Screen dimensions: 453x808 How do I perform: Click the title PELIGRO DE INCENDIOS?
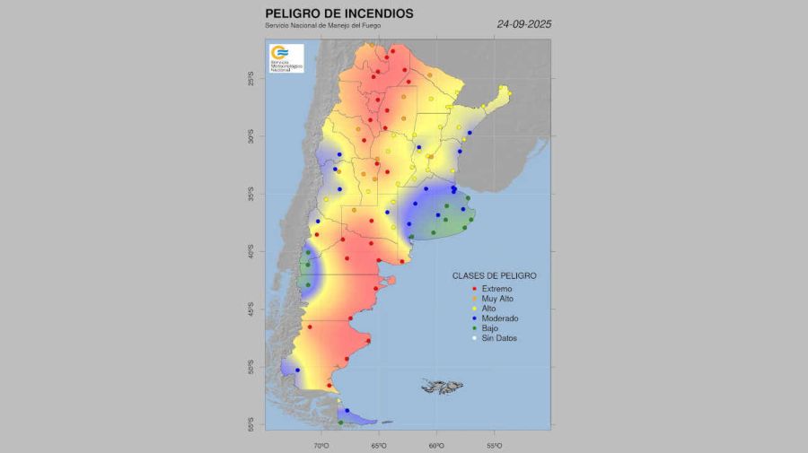(339, 13)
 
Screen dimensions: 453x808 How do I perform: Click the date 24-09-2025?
(523, 24)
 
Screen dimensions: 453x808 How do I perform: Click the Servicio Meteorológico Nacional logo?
(285, 57)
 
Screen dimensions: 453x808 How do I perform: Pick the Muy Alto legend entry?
(499, 299)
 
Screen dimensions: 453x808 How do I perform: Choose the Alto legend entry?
(489, 309)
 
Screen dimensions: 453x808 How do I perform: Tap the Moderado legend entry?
(500, 318)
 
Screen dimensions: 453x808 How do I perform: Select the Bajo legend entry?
(490, 328)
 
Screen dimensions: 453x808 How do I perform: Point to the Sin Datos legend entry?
(499, 338)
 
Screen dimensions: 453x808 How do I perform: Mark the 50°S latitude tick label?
(252, 368)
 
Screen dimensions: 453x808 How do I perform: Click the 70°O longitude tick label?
(321, 444)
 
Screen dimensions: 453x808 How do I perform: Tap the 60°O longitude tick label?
(436, 444)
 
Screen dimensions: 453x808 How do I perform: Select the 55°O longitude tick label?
(494, 444)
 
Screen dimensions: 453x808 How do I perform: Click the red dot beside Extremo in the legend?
(473, 288)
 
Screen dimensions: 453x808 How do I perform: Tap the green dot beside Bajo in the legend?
(473, 328)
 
